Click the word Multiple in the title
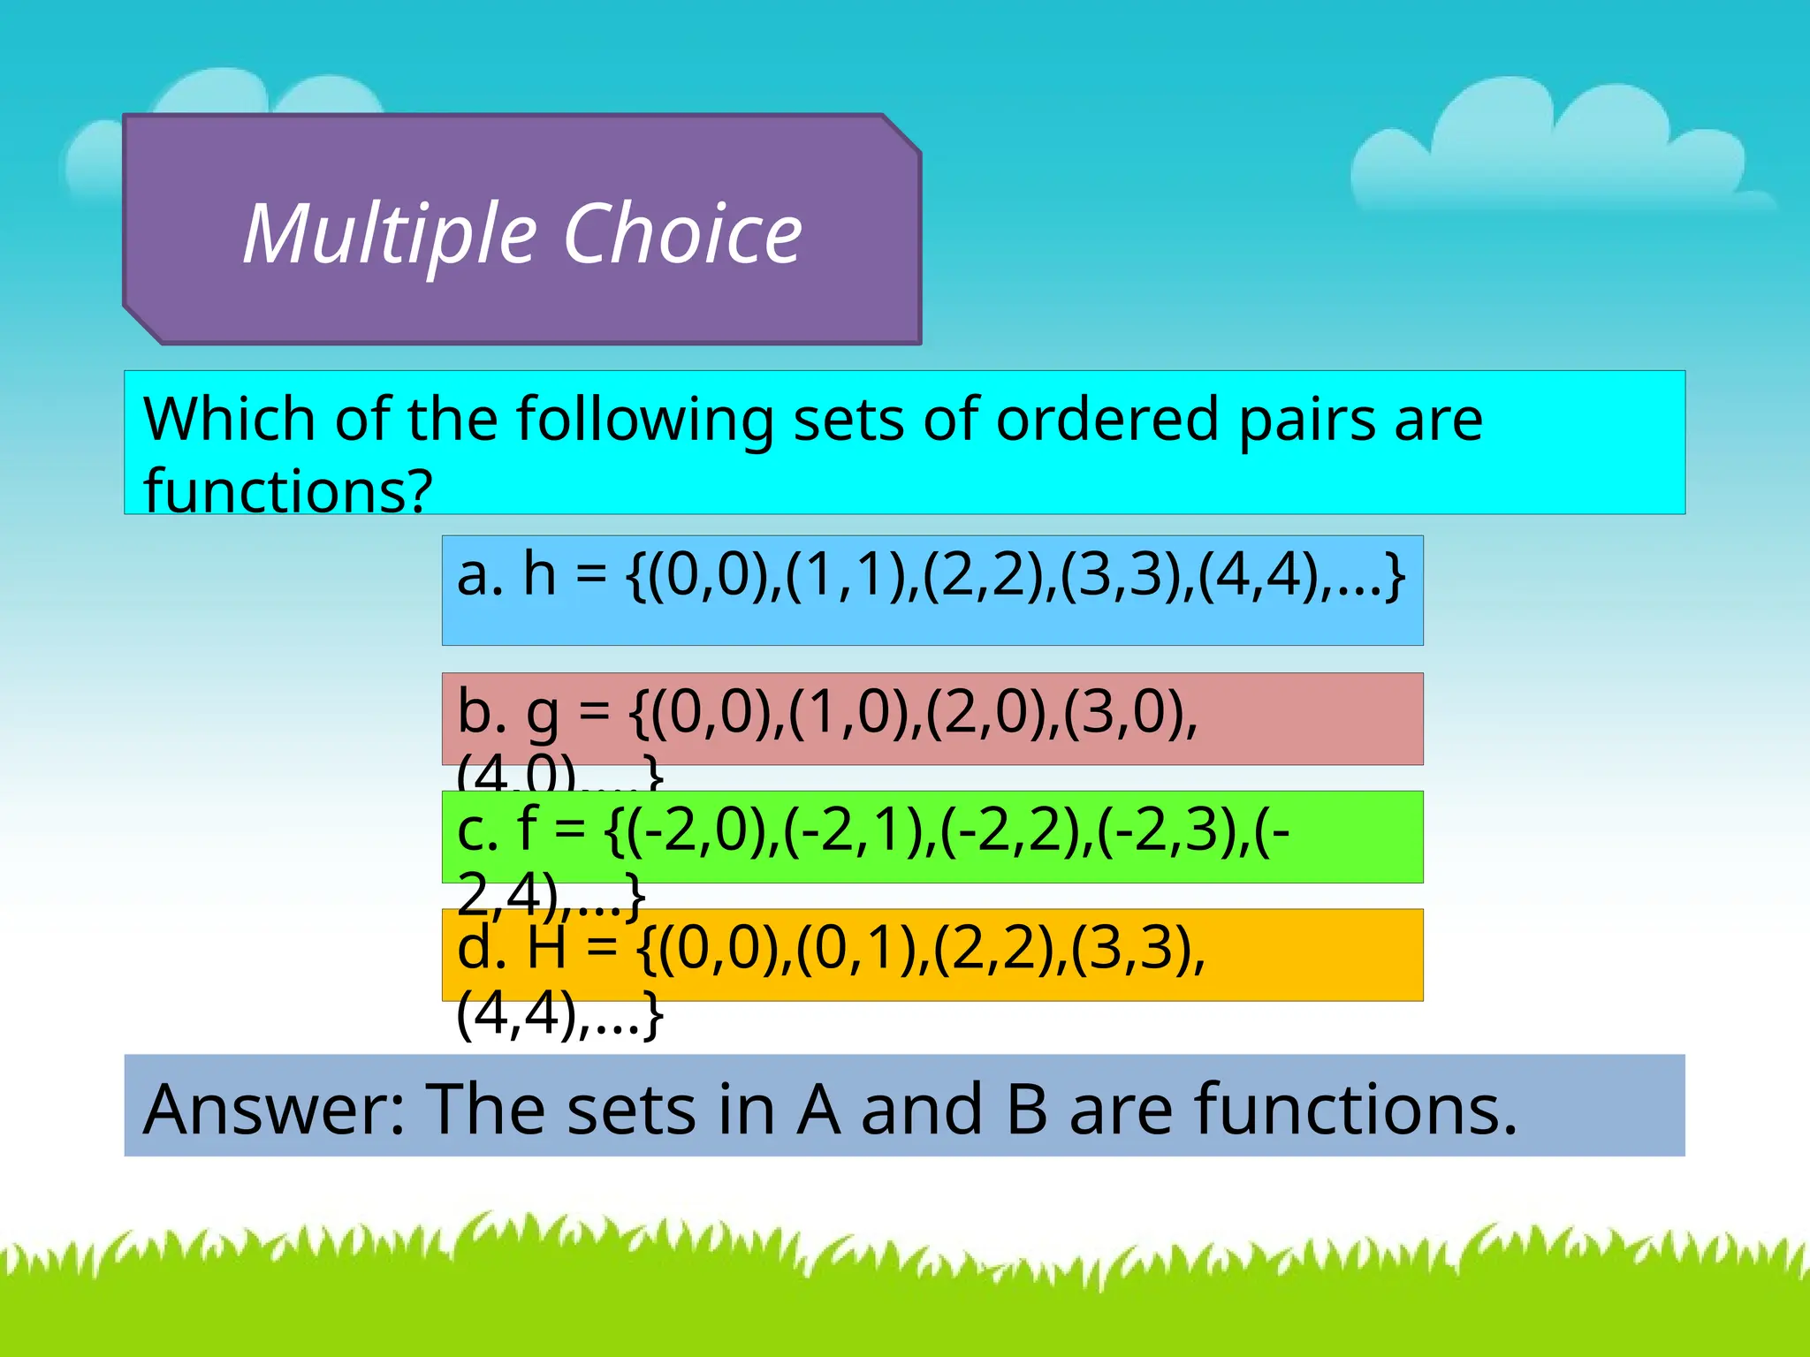tap(390, 234)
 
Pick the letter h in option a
tap(540, 574)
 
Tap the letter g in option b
tap(542, 716)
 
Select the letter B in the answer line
tap(1026, 1109)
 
